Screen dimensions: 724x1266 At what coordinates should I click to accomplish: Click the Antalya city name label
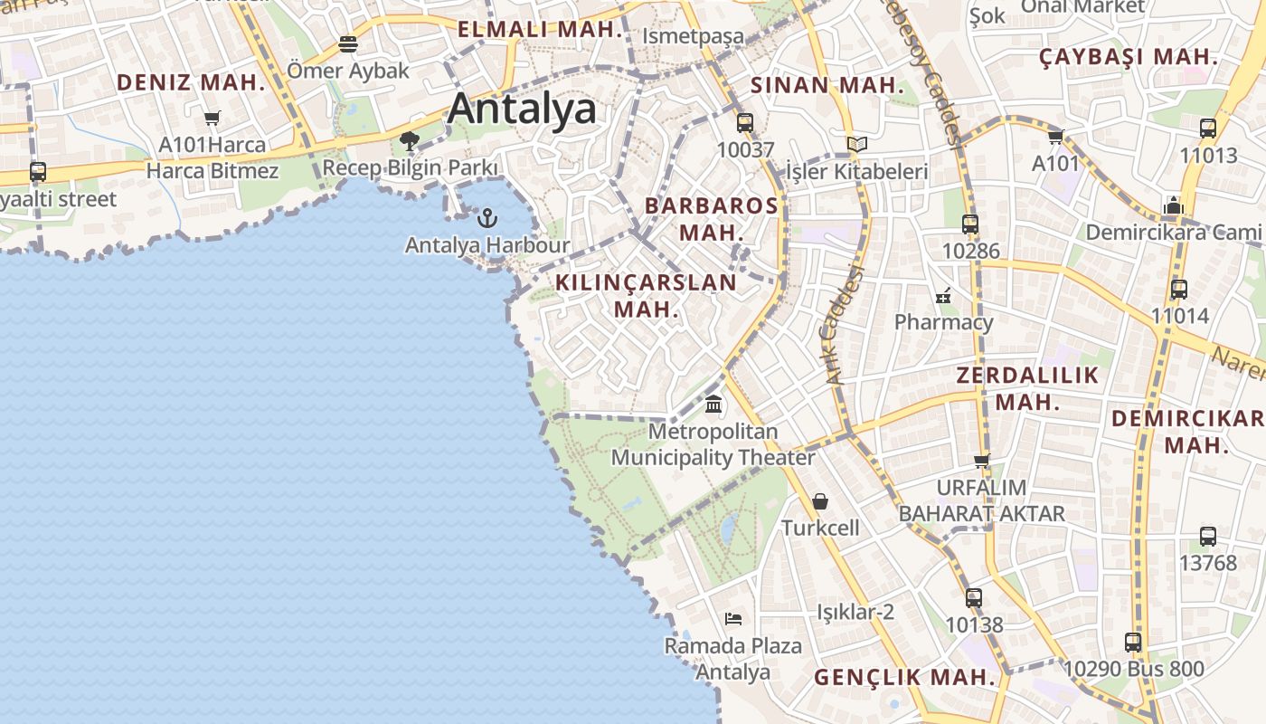[522, 109]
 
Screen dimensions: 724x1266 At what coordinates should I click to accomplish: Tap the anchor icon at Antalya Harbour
[487, 217]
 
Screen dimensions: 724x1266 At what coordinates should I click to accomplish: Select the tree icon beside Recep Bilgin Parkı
[410, 140]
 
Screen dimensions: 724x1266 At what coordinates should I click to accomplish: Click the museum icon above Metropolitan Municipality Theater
[713, 404]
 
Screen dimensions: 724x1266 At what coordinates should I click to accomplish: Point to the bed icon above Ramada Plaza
[733, 619]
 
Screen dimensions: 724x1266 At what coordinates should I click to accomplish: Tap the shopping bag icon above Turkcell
[820, 500]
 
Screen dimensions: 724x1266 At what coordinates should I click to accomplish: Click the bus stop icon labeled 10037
[745, 122]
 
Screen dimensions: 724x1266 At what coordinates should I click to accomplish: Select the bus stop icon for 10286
[970, 224]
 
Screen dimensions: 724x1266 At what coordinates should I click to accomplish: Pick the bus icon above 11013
[1208, 129]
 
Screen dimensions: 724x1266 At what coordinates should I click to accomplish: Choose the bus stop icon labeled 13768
[1207, 536]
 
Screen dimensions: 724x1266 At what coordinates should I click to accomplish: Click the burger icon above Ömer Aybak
[348, 43]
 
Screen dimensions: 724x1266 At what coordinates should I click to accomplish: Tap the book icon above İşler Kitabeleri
[856, 144]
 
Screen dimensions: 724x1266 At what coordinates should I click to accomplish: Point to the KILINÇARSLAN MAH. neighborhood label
[646, 295]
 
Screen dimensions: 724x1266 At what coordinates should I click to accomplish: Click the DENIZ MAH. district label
[191, 82]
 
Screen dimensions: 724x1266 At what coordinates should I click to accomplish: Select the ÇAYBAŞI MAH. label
[1128, 56]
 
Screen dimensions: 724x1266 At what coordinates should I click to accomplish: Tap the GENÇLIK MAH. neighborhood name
[904, 677]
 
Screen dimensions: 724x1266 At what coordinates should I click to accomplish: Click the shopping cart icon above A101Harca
[213, 118]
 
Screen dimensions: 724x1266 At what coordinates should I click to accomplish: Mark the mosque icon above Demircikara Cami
[1174, 205]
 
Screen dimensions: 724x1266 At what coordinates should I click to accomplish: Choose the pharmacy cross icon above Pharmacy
[943, 295]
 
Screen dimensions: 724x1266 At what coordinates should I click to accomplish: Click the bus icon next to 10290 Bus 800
[1133, 643]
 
